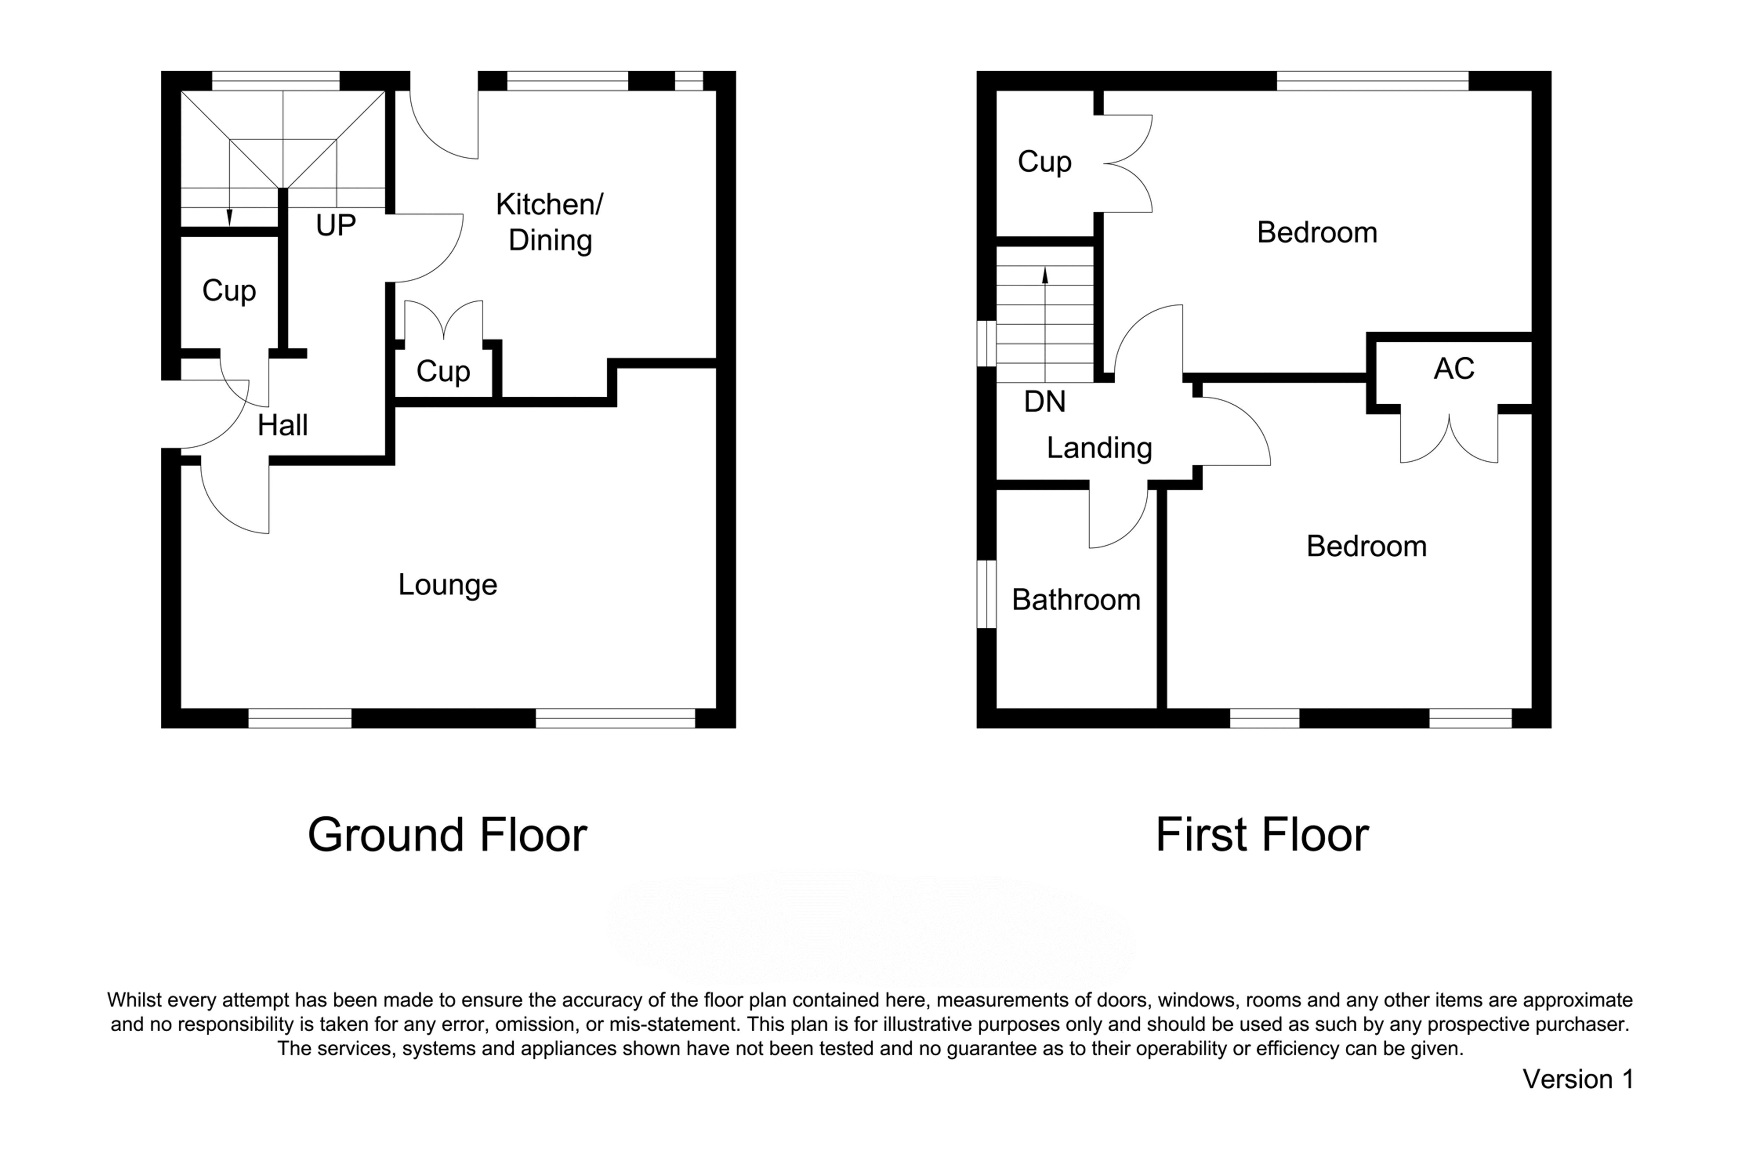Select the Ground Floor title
(447, 835)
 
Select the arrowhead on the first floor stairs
(1045, 275)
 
